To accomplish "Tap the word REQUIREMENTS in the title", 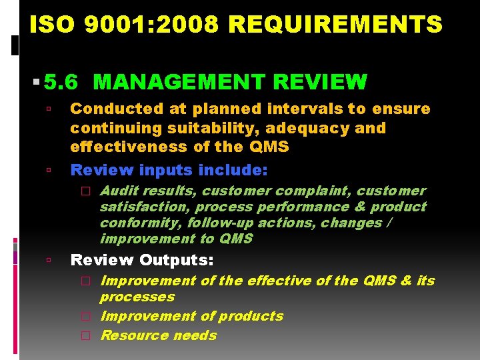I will (335, 25).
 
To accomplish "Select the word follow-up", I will (217, 223).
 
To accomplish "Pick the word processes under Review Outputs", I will (137, 297).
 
